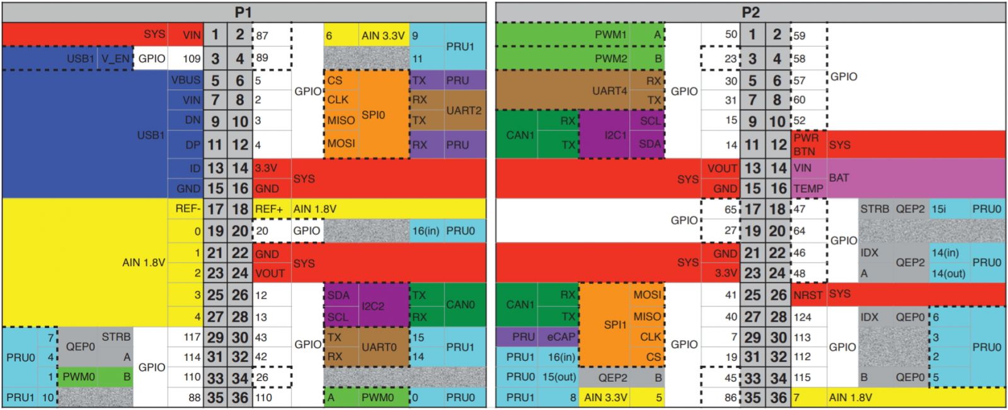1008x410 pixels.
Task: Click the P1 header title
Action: pyautogui.click(x=243, y=12)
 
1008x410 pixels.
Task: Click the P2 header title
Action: pyautogui.click(x=750, y=12)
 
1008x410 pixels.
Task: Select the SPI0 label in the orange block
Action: pyautogui.click(x=373, y=115)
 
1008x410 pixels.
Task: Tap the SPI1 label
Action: pyautogui.click(x=616, y=325)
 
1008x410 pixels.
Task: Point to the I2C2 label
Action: pyautogui.click(x=373, y=306)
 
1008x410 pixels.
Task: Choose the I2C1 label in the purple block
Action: pyautogui.click(x=615, y=135)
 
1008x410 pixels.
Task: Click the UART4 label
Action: pyautogui.click(x=610, y=91)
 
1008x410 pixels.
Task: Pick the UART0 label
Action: pyautogui.click(x=379, y=347)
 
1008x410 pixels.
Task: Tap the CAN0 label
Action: pyautogui.click(x=460, y=305)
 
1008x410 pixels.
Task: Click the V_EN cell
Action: pyautogui.click(x=115, y=59)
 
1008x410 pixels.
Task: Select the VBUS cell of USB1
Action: pyautogui.click(x=185, y=80)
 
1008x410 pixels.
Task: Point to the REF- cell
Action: pyautogui.click(x=188, y=208)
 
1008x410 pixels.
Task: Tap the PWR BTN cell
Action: pyautogui.click(x=806, y=144)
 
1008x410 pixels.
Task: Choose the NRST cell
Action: pyautogui.click(x=808, y=295)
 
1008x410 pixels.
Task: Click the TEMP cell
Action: pyautogui.click(x=808, y=188)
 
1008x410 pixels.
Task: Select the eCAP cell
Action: pyautogui.click(x=561, y=337)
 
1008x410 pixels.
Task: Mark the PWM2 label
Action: pyautogui.click(x=610, y=59)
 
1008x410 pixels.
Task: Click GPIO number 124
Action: pyautogui.click(x=803, y=317)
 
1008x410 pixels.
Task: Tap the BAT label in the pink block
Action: pyautogui.click(x=839, y=178)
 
